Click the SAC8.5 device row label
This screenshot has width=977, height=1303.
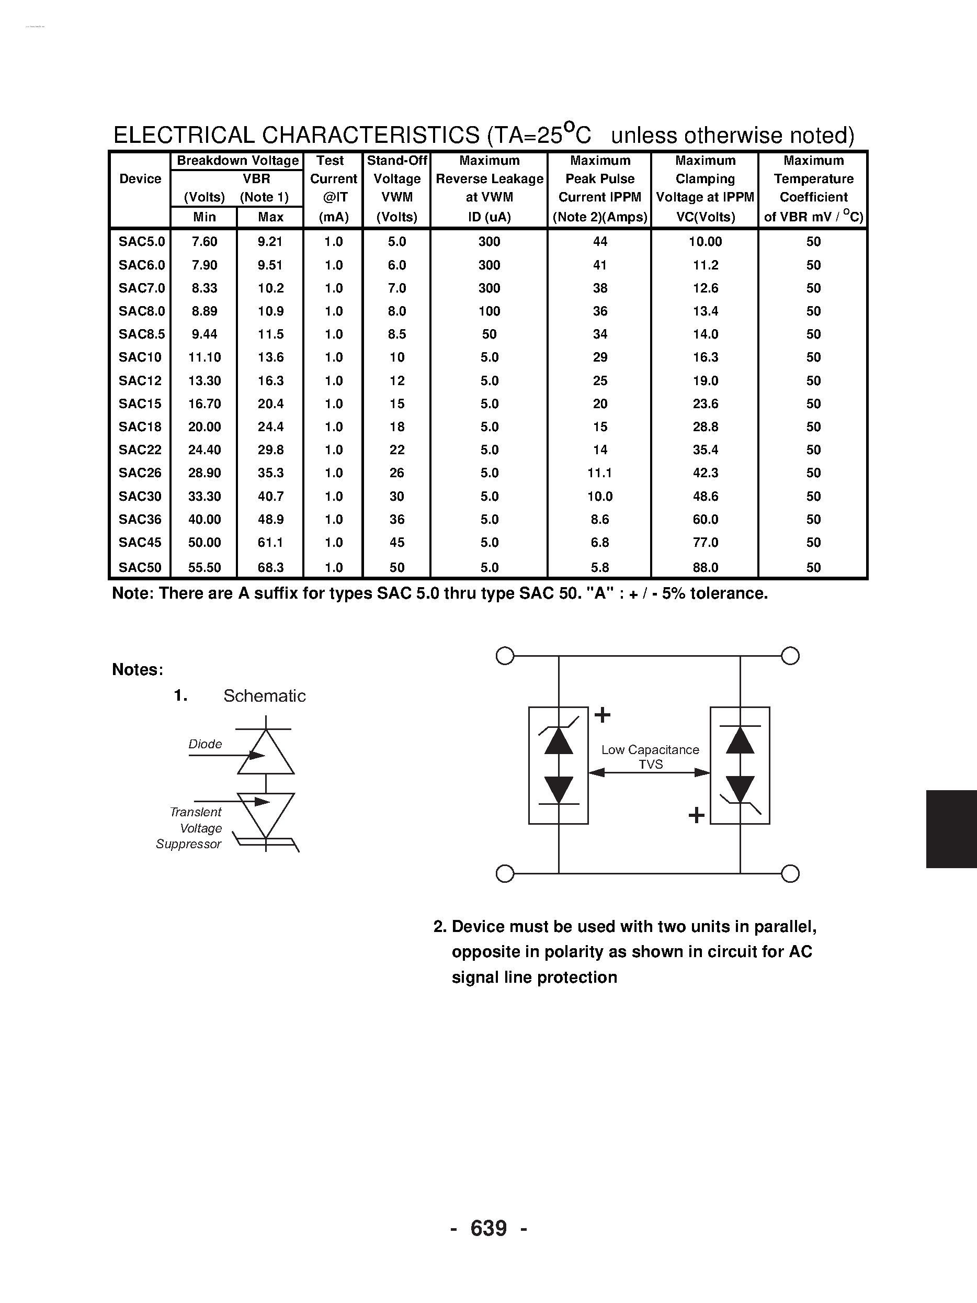pos(141,334)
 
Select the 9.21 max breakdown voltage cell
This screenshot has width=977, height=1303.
pos(270,242)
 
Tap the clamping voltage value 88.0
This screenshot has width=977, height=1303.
pos(705,567)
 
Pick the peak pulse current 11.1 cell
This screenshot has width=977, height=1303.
pos(599,473)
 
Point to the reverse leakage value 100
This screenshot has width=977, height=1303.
pos(489,311)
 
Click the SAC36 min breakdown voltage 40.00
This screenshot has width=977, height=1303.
pos(205,519)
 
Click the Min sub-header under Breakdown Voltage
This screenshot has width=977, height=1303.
pos(205,217)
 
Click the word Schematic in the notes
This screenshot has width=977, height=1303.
pos(265,695)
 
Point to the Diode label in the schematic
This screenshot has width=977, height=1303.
pos(205,744)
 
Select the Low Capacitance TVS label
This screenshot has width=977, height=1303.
pos(650,757)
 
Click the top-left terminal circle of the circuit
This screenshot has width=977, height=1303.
pos(505,656)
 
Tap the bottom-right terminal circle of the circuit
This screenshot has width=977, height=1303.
pos(790,873)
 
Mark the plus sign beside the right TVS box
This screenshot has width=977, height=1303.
pos(697,815)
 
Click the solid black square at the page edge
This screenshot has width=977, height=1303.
pos(951,829)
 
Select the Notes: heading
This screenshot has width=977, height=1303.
pos(137,670)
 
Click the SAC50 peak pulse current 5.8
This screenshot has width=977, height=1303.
pos(599,567)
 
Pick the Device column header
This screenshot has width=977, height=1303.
pos(140,179)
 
